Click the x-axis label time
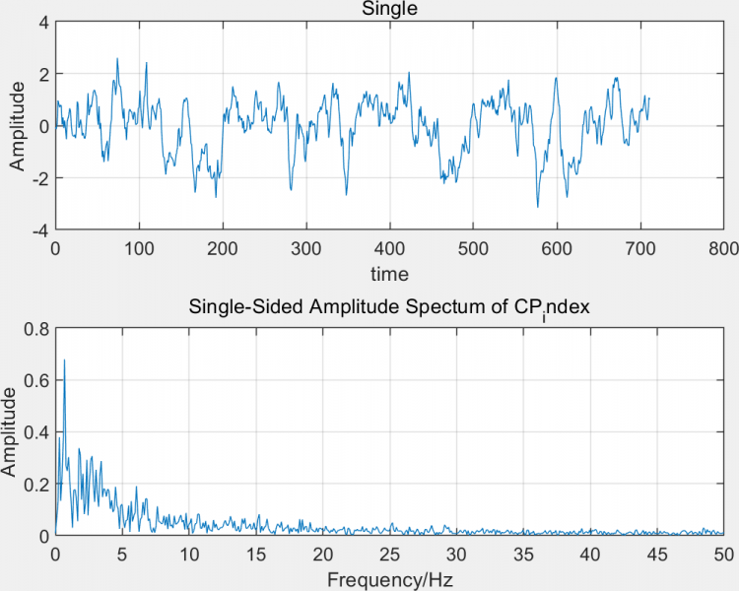pyautogui.click(x=389, y=273)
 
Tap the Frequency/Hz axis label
pyautogui.click(x=389, y=579)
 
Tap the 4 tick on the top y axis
pyautogui.click(x=43, y=22)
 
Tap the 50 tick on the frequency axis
pyautogui.click(x=723, y=555)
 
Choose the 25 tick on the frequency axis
pyautogui.click(x=389, y=555)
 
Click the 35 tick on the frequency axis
pyautogui.click(x=522, y=555)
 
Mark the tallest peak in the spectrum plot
pyautogui.click(x=64, y=361)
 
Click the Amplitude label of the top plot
pyautogui.click(x=18, y=126)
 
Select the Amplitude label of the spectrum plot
pyautogui.click(x=10, y=432)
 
